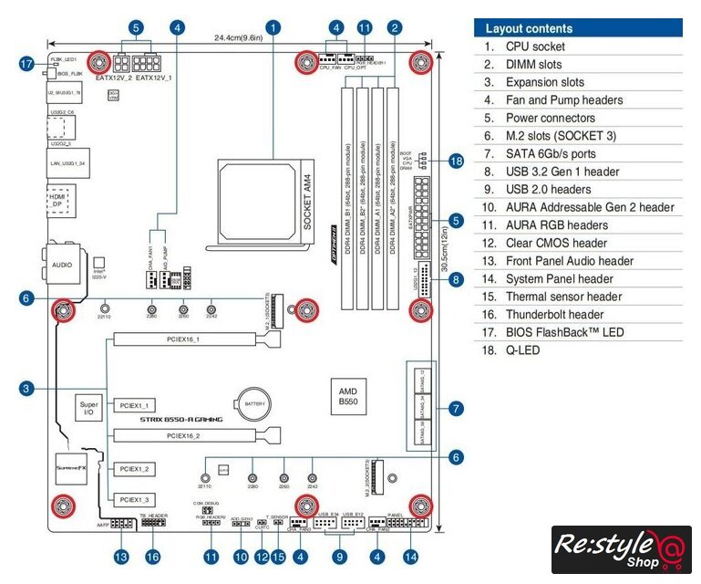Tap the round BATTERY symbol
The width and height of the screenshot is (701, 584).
tap(253, 402)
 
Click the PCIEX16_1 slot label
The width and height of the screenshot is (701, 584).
tap(183, 339)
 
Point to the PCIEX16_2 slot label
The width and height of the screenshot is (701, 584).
tap(183, 436)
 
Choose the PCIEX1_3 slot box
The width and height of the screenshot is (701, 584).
tap(135, 499)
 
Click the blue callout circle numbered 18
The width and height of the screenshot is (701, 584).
tap(457, 162)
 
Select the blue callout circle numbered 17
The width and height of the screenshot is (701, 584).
tap(26, 64)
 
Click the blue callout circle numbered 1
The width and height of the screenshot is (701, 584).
tap(273, 28)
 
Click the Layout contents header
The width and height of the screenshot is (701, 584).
tap(529, 28)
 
